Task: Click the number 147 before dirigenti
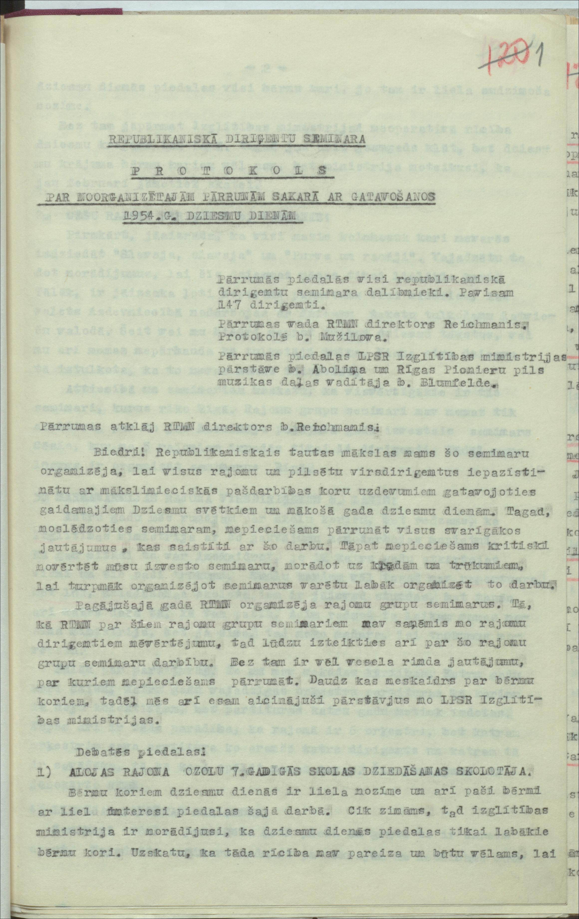[x=229, y=305]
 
